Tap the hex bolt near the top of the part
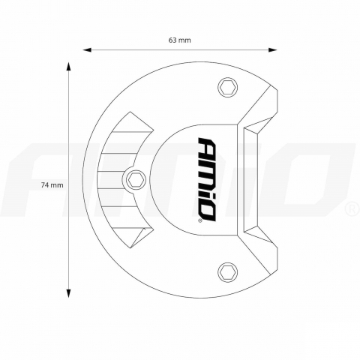[226, 88]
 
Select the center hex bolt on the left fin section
[135, 178]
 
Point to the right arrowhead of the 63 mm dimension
[274, 49]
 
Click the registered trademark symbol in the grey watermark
[350, 206]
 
